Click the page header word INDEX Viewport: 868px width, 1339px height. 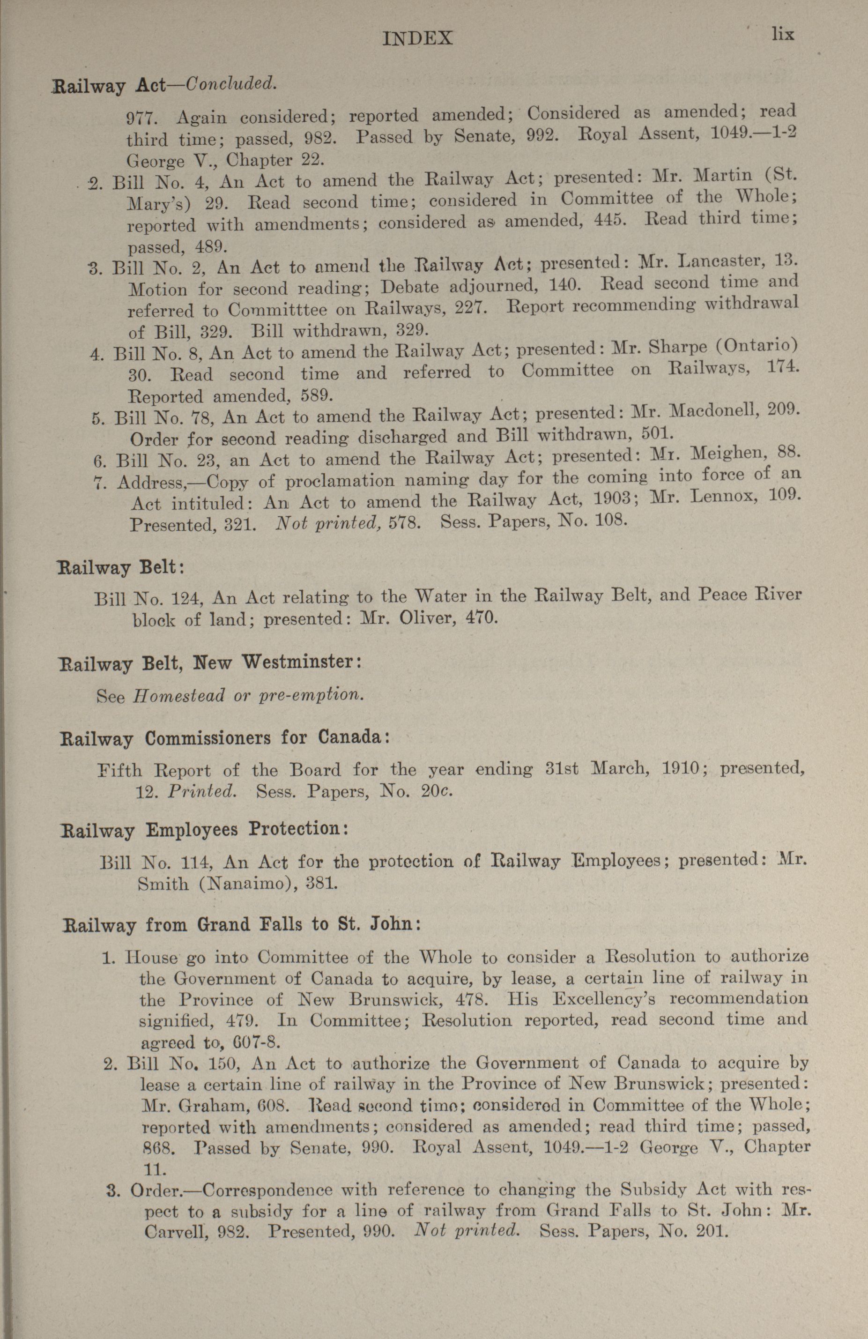(x=417, y=38)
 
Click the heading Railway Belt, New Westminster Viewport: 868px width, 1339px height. (x=209, y=662)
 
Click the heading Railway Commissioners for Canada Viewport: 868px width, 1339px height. (x=224, y=737)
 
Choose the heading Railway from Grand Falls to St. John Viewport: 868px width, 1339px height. (x=241, y=925)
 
